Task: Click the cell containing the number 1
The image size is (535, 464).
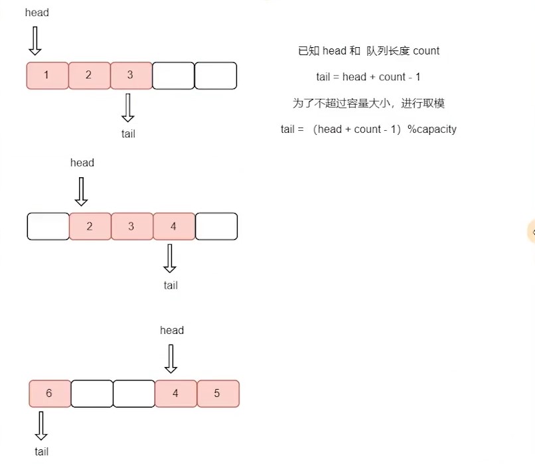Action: coord(47,75)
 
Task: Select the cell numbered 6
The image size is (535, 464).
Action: coord(50,394)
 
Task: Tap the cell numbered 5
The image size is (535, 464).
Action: coord(217,394)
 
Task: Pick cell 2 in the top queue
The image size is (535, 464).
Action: coord(89,75)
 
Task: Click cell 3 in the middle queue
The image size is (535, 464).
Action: coord(131,226)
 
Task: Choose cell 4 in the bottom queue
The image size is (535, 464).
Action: coord(175,394)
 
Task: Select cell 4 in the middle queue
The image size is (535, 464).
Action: coord(174,226)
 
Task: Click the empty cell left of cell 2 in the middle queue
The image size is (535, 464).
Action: coord(48,226)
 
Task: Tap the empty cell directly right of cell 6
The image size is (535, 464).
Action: coord(92,394)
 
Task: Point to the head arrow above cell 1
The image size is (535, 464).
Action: coord(35,41)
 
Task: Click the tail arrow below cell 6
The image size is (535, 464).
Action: coord(41,425)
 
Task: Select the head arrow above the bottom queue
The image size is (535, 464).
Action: coord(171,359)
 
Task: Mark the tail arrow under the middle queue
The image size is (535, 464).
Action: coord(170,258)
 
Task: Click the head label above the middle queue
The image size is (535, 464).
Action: coord(82,163)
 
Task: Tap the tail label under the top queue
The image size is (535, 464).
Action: coord(128,133)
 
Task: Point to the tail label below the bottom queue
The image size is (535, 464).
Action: coord(41,451)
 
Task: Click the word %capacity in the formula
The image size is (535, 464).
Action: coord(432,129)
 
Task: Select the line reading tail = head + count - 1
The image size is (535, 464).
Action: coord(368,77)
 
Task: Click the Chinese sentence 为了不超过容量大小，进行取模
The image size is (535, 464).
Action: coord(368,103)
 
